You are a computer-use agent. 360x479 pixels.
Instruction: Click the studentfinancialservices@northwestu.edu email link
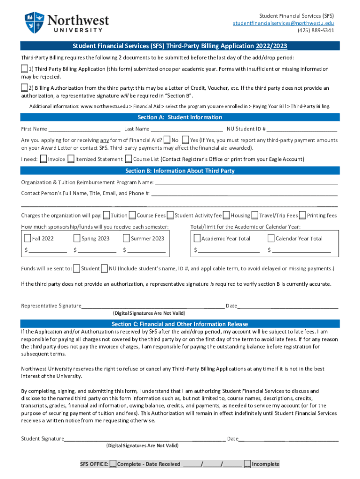coord(284,23)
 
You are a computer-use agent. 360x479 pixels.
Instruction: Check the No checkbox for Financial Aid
coord(167,140)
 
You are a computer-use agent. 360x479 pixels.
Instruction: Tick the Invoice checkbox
coord(43,159)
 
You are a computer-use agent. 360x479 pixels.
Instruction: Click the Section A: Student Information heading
coord(180,117)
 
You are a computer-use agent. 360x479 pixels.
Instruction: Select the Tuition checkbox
coord(107,216)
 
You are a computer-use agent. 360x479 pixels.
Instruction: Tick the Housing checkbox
coord(226,216)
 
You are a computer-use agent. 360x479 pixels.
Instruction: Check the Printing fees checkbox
coord(303,216)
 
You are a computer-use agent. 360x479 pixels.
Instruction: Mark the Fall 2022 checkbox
coord(29,239)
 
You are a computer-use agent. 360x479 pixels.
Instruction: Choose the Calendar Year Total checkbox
coord(271,239)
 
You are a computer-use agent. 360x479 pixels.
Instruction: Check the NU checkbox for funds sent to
coord(105,269)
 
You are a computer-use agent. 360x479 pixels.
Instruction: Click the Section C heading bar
coord(180,324)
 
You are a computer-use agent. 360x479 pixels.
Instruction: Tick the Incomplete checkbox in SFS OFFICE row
coord(247,464)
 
